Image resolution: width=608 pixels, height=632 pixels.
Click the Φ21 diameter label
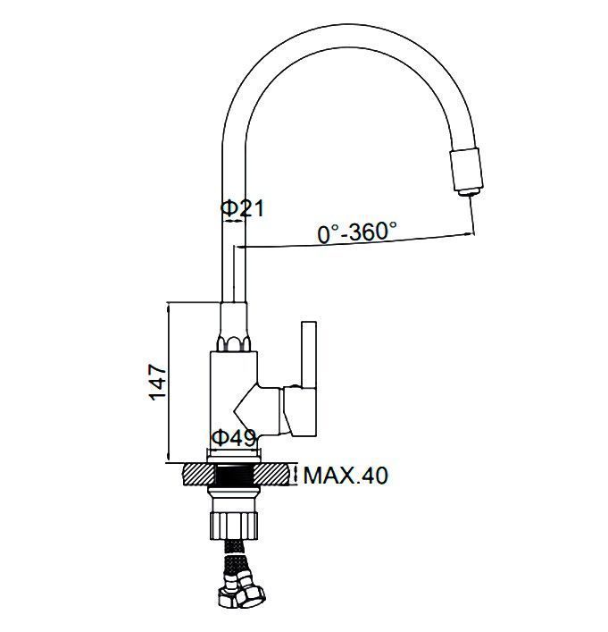pos(242,208)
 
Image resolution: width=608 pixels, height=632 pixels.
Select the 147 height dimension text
pos(157,382)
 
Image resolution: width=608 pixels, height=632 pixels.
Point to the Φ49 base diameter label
pos(234,438)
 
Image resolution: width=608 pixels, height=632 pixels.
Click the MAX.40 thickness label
pos(346,476)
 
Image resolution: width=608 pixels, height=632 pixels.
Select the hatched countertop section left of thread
pos(199,474)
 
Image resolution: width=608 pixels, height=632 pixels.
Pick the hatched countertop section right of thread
pos(271,474)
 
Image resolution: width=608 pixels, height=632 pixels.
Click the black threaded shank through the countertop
pos(235,475)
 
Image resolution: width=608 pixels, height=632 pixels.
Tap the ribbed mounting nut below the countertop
pos(234,526)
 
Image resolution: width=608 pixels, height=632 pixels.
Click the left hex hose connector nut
pos(229,596)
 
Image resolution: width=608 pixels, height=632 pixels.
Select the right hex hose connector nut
pos(250,595)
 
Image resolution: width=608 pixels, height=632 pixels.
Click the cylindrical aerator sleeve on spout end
pos(466,168)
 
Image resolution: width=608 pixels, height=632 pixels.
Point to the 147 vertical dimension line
pos(169,382)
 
